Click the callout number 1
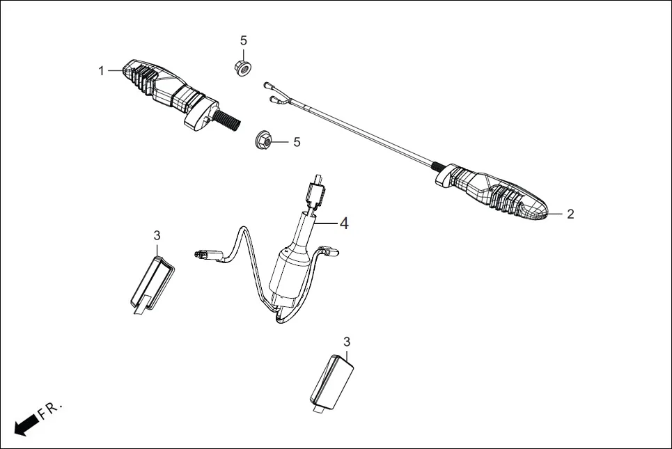pos(102,70)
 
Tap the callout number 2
pos(570,214)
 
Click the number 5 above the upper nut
pos(243,41)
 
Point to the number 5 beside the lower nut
pos(297,142)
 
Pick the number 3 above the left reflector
pos(157,235)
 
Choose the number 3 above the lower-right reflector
pos(347,341)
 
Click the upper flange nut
pos(243,68)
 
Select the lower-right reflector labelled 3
pos(330,379)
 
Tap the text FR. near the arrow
pos(50,410)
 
